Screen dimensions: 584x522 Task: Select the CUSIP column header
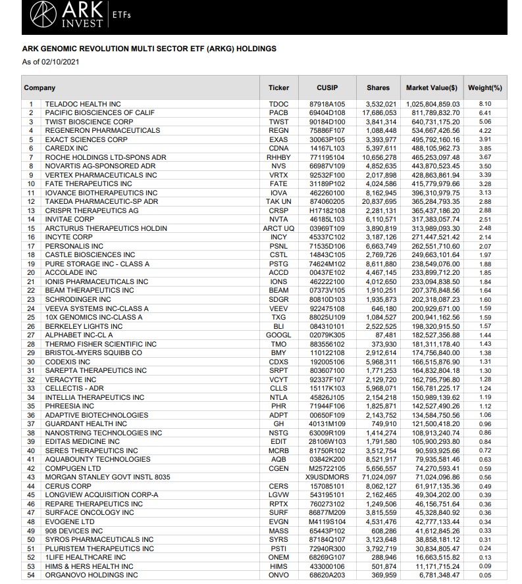[x=327, y=87]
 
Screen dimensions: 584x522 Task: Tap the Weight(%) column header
[x=484, y=87]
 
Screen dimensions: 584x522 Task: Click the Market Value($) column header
[x=431, y=87]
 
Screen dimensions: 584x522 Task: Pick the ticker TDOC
[x=278, y=104]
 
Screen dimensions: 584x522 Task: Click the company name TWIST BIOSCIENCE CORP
[x=89, y=122]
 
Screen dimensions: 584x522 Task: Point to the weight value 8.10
[x=485, y=104]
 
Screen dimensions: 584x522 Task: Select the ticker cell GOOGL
[x=278, y=335]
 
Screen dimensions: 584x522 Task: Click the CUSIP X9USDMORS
[x=327, y=477]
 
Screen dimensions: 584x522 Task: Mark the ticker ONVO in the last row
[x=278, y=575]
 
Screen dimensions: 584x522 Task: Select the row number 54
[x=30, y=575]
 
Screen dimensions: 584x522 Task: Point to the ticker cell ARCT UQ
[x=278, y=228]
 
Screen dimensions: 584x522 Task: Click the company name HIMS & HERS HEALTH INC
[x=89, y=566]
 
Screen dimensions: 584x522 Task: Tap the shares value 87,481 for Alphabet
[x=385, y=335]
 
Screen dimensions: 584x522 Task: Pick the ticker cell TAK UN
[x=278, y=201]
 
